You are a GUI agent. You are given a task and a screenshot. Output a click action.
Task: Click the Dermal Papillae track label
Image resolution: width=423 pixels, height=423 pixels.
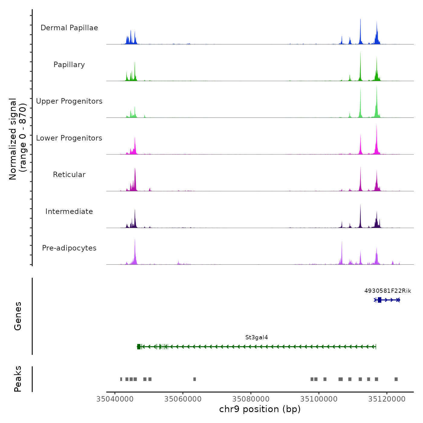[69, 28]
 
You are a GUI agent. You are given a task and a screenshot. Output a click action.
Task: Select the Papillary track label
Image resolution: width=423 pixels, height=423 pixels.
[69, 65]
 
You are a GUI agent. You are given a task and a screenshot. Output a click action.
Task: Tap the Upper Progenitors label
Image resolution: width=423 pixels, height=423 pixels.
[69, 101]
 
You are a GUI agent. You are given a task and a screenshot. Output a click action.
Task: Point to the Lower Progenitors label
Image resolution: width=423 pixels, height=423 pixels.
[69, 138]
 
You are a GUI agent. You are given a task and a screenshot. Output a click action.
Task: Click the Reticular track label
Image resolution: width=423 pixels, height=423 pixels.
[69, 175]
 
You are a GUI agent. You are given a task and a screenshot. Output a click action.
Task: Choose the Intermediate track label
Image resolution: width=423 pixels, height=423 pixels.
[69, 211]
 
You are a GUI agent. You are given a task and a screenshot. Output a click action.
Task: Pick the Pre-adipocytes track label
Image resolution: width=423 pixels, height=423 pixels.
[69, 248]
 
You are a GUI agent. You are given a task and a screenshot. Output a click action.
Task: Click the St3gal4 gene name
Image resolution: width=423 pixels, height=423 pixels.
[257, 337]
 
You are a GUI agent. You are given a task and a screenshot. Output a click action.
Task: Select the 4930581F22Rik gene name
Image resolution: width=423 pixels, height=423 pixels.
[388, 291]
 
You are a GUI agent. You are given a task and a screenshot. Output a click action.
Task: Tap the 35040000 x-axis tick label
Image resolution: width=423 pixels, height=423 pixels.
[115, 399]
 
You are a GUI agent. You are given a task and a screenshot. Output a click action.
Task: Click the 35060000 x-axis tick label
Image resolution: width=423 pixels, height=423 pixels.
[183, 399]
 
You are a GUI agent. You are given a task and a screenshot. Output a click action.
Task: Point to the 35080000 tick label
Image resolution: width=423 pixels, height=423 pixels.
[251, 399]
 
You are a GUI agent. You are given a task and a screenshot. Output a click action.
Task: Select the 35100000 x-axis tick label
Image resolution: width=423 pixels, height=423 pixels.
[319, 399]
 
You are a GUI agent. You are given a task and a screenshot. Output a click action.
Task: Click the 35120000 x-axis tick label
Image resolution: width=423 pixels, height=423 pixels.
[387, 399]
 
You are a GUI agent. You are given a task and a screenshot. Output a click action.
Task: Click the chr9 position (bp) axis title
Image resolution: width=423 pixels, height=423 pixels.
[260, 409]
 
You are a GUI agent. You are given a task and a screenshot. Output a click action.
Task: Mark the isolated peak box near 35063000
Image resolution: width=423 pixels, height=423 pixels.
[195, 379]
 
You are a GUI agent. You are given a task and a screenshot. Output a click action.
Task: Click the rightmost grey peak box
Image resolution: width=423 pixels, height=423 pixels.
[396, 379]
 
